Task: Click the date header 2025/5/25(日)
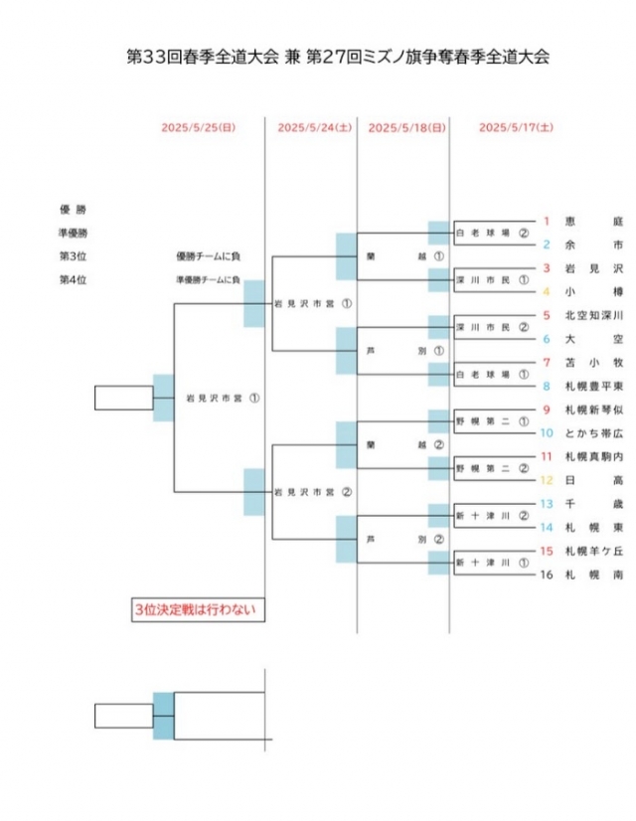[x=199, y=127]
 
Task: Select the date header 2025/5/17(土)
[x=517, y=127]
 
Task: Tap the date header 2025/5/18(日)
[x=406, y=127]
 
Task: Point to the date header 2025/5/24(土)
[x=314, y=127]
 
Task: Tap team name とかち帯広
[x=593, y=432]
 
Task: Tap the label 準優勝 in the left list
[x=73, y=233]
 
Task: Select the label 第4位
[x=73, y=280]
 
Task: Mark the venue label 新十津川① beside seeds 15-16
[x=485, y=563]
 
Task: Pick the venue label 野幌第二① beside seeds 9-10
[x=485, y=421]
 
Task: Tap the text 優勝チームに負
[x=208, y=256]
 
